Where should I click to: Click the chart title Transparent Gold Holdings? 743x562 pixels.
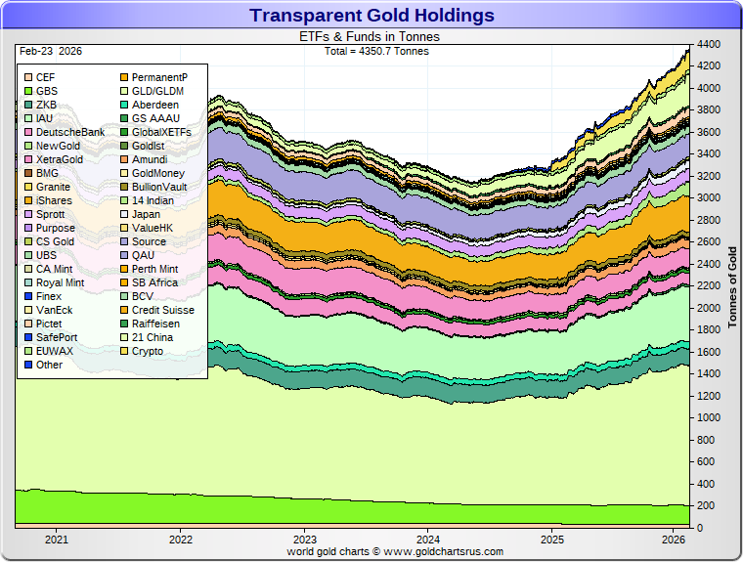[x=371, y=16]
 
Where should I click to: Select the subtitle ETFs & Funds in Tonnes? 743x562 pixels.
[x=369, y=36]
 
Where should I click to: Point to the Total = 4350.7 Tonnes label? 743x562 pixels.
[x=375, y=50]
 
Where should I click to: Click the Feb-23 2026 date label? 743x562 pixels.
[x=48, y=50]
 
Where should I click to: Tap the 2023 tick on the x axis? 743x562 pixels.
[x=305, y=539]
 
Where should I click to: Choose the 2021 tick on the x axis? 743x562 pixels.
[x=57, y=539]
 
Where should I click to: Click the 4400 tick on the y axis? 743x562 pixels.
[x=709, y=45]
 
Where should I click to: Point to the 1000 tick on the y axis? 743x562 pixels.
[x=709, y=418]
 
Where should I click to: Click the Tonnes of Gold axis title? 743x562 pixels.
[x=732, y=283]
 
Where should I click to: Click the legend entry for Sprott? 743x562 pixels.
[x=50, y=214]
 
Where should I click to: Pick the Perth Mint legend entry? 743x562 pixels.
[x=154, y=269]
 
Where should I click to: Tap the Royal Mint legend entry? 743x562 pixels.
[x=59, y=282]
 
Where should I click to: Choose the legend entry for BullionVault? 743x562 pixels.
[x=158, y=187]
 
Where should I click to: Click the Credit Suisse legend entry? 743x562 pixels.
[x=162, y=310]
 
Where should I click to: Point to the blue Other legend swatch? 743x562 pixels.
[x=29, y=365]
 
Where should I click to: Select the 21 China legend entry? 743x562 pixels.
[x=153, y=337]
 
